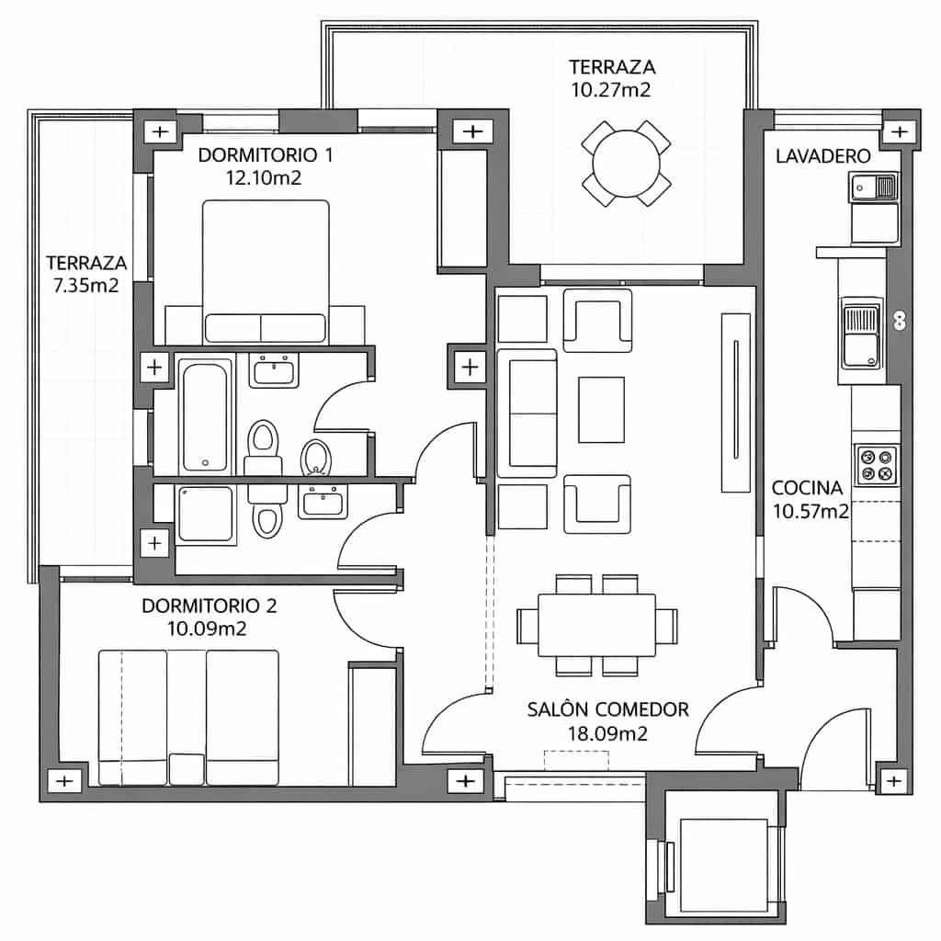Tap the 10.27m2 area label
click(610, 89)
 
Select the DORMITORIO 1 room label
click(265, 155)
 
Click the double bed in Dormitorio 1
click(265, 271)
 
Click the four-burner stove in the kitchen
click(875, 465)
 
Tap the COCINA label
click(809, 488)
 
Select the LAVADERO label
click(822, 157)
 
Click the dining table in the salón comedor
click(596, 625)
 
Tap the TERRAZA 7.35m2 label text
click(86, 274)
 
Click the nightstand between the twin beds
click(187, 767)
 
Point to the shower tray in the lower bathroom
click(206, 514)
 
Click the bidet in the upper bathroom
click(315, 456)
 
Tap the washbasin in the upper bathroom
click(273, 372)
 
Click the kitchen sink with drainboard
click(861, 336)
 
